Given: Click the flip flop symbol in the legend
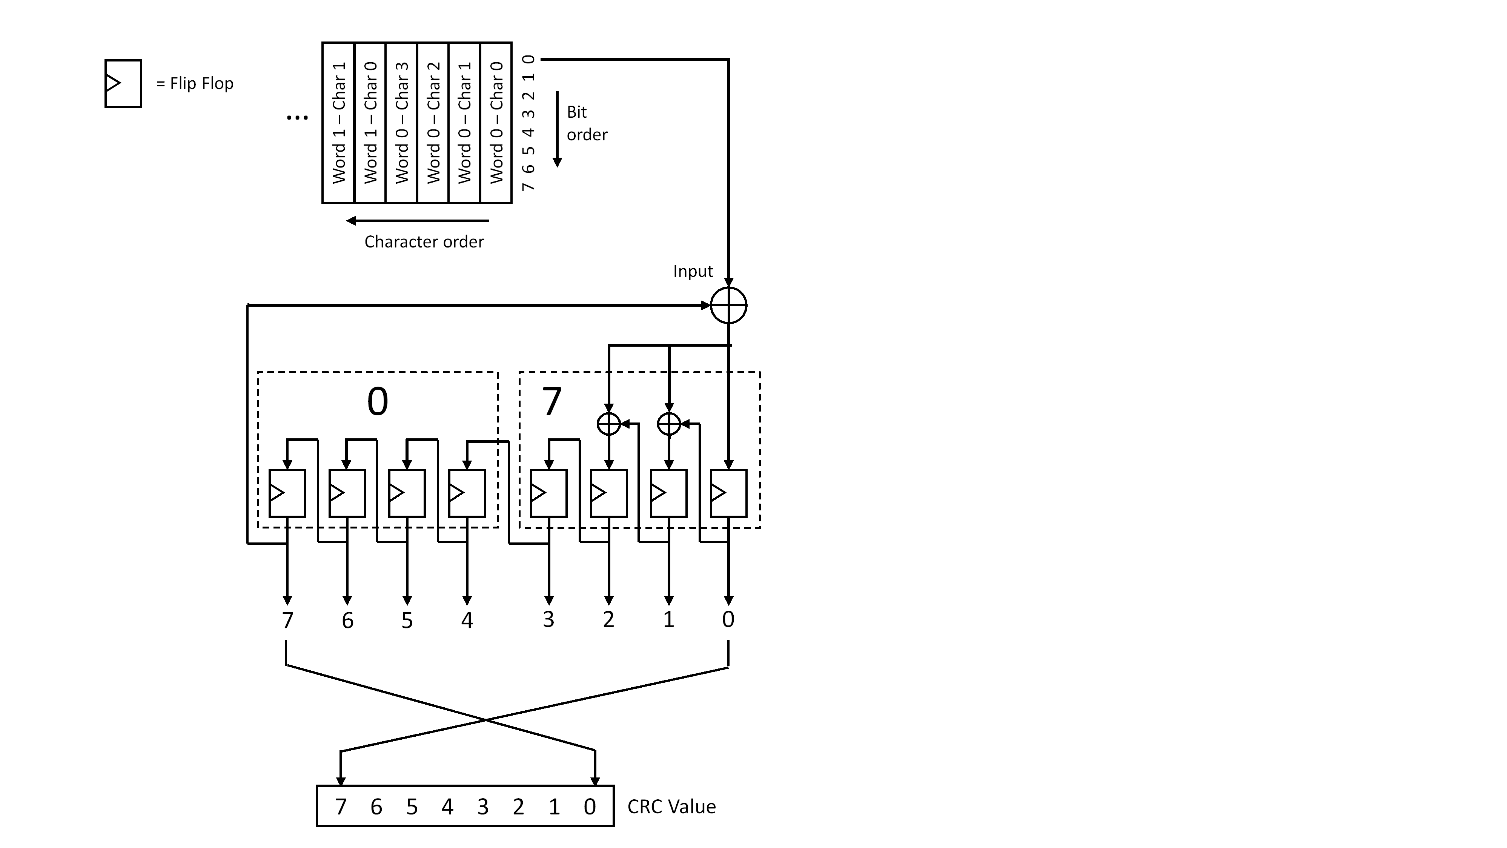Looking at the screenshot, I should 123,84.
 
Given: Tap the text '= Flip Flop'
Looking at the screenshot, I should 195,84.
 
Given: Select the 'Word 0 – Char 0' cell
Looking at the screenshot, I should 496,123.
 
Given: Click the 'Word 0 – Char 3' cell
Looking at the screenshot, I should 401,123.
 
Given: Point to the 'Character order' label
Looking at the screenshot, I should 424,241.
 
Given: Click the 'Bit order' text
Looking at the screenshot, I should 586,123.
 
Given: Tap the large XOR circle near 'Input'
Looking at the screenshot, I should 728,305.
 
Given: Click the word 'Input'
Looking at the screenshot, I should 693,271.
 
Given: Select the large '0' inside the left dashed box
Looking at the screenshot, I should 377,402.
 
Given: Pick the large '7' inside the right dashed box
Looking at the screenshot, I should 551,402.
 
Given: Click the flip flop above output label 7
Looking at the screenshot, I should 287,493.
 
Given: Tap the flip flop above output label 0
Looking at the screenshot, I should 728,493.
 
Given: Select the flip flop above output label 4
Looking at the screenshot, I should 467,493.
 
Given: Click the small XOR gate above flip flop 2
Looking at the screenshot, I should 608,423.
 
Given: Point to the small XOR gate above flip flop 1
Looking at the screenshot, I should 669,423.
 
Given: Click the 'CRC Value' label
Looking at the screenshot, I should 671,807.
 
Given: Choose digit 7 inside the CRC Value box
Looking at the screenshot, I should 341,807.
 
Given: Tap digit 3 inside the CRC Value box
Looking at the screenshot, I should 482,807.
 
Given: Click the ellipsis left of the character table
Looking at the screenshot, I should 297,118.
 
